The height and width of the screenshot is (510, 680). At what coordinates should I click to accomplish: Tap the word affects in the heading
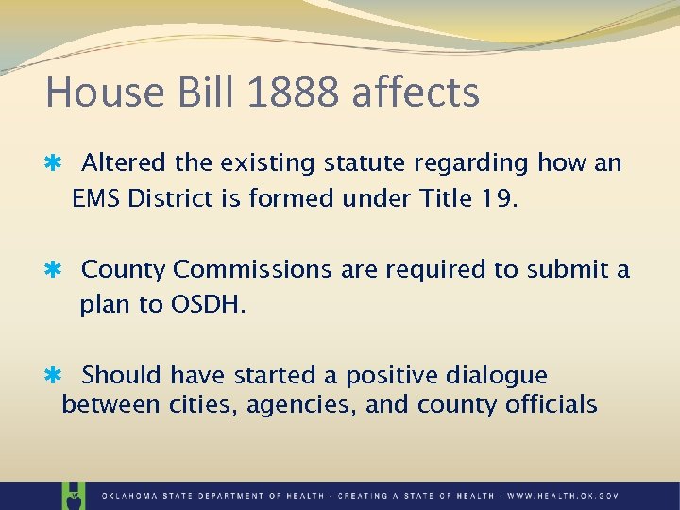[x=415, y=93]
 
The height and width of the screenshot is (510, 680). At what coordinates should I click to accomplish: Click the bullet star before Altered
[x=54, y=163]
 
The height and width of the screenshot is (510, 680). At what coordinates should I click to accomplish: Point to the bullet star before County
[x=54, y=270]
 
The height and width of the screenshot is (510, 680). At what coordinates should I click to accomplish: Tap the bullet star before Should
[x=54, y=376]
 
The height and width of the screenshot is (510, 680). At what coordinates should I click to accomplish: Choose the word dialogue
[x=493, y=376]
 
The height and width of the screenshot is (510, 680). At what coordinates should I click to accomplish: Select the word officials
[x=551, y=405]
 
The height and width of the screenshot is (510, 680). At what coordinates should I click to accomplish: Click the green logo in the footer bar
[x=72, y=495]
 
